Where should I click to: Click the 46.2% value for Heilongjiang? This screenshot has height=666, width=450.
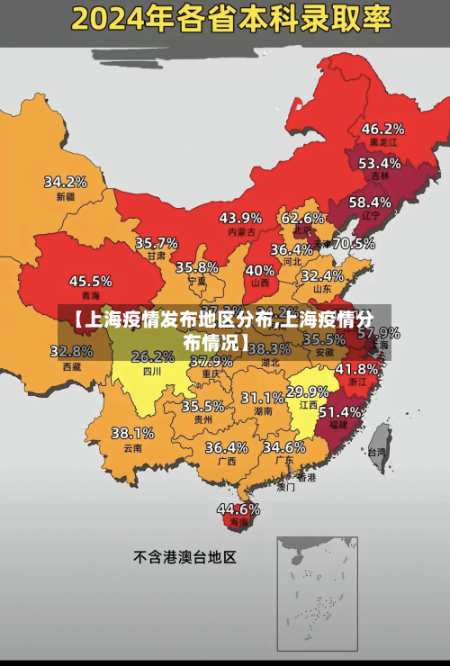click(382, 129)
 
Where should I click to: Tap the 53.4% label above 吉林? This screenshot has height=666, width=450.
click(379, 164)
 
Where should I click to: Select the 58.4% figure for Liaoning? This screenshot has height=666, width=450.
click(370, 202)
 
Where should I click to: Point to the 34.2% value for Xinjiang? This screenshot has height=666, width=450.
click(66, 182)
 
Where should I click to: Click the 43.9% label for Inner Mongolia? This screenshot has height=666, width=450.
click(240, 218)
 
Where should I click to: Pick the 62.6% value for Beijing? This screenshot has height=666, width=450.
click(302, 218)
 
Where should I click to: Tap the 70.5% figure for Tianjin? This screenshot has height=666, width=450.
click(354, 243)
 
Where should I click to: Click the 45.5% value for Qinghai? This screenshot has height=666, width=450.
click(91, 282)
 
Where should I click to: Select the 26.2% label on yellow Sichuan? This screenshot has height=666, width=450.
click(153, 356)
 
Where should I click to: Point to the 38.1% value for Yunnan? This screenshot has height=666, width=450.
click(132, 433)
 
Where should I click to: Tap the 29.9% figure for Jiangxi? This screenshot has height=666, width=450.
click(307, 391)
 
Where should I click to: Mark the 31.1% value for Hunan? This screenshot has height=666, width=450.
click(262, 397)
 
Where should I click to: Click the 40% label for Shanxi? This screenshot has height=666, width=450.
click(260, 270)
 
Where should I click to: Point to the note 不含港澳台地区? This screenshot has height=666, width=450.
click(184, 557)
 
